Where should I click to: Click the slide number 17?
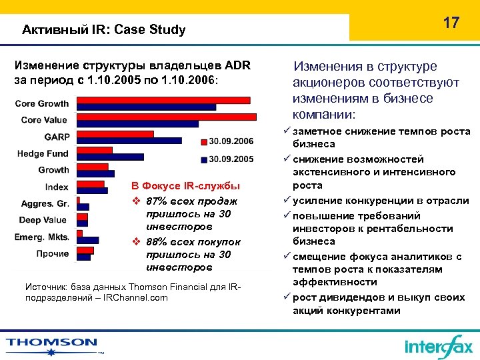tap(451, 23)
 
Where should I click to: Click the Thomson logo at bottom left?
tap(52, 343)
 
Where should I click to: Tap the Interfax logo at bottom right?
tap(438, 346)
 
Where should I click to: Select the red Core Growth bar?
tap(163, 100)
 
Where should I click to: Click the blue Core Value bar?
tap(137, 123)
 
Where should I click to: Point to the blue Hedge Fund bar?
tap(110, 157)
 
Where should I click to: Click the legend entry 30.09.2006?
tap(231, 141)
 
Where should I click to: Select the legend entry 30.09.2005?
tap(231, 159)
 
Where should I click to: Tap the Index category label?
tap(57, 187)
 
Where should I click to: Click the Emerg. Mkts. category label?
tap(42, 237)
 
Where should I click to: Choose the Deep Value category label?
tap(43, 220)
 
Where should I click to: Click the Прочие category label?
tap(53, 253)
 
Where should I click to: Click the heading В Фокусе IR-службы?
tap(185, 185)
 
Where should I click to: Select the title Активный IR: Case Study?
tap(103, 30)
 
